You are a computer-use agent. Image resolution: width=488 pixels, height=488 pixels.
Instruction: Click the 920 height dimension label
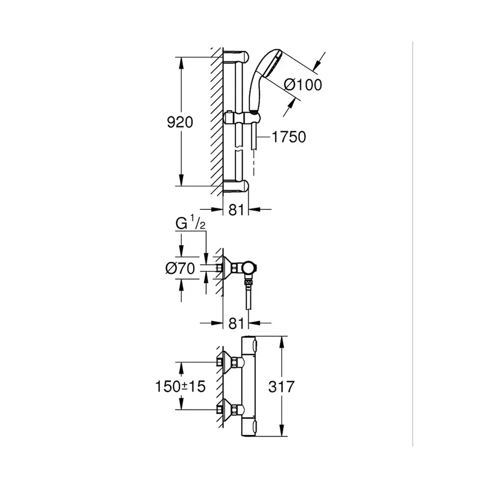point(180,123)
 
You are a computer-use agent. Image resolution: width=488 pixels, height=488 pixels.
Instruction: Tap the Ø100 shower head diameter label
point(303,85)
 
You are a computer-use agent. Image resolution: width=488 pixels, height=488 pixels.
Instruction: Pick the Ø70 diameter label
point(180,267)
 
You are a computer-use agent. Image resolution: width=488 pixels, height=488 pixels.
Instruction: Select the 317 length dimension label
point(281,387)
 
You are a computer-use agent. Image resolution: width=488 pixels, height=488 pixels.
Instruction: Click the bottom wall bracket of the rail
point(237,187)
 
